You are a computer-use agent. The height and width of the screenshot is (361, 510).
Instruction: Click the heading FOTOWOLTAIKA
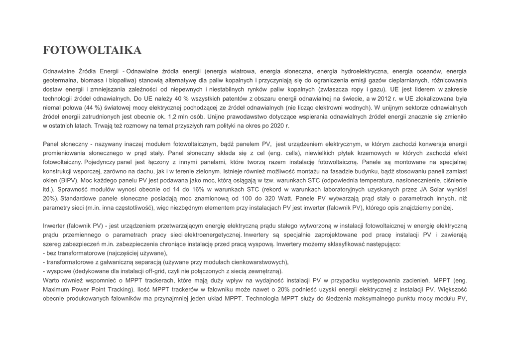pyautogui.click(x=92, y=50)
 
